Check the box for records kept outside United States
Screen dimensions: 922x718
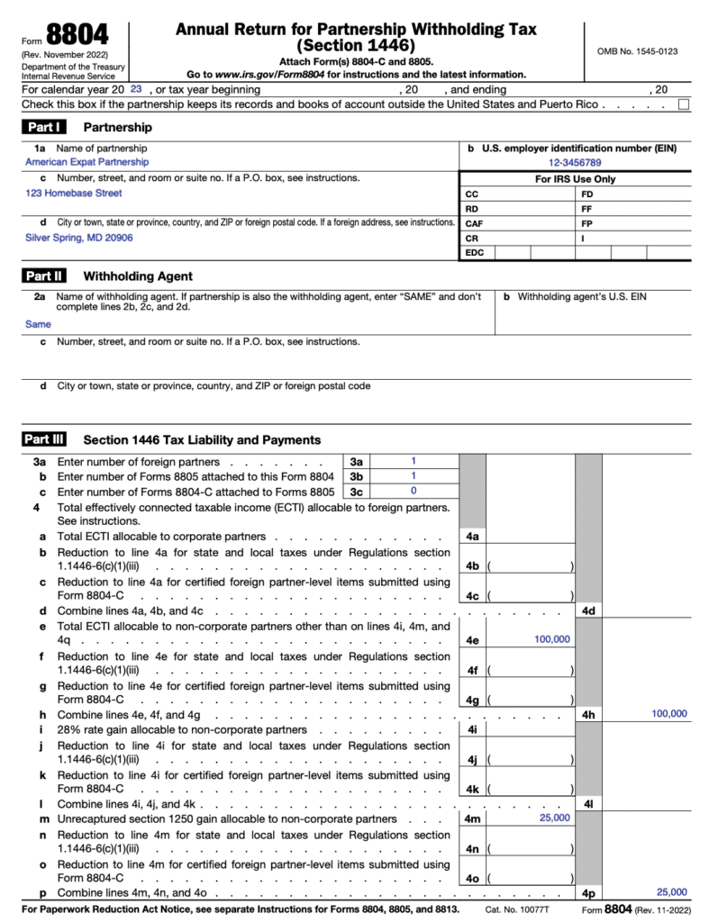point(684,104)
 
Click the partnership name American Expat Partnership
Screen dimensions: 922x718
point(87,162)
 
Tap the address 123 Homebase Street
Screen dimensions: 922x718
point(74,193)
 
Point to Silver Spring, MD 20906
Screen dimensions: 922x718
point(79,238)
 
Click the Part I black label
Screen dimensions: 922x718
point(44,128)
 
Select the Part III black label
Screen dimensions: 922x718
point(46,440)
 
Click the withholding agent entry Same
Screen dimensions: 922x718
point(38,324)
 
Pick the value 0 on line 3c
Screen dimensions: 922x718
point(414,492)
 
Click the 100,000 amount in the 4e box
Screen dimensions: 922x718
point(552,638)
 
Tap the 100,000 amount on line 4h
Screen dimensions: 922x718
point(668,713)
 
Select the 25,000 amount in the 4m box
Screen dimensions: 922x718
point(554,818)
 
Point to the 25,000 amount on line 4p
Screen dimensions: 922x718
point(671,892)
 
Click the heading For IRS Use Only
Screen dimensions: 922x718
point(576,178)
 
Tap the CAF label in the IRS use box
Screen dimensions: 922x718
point(473,223)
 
